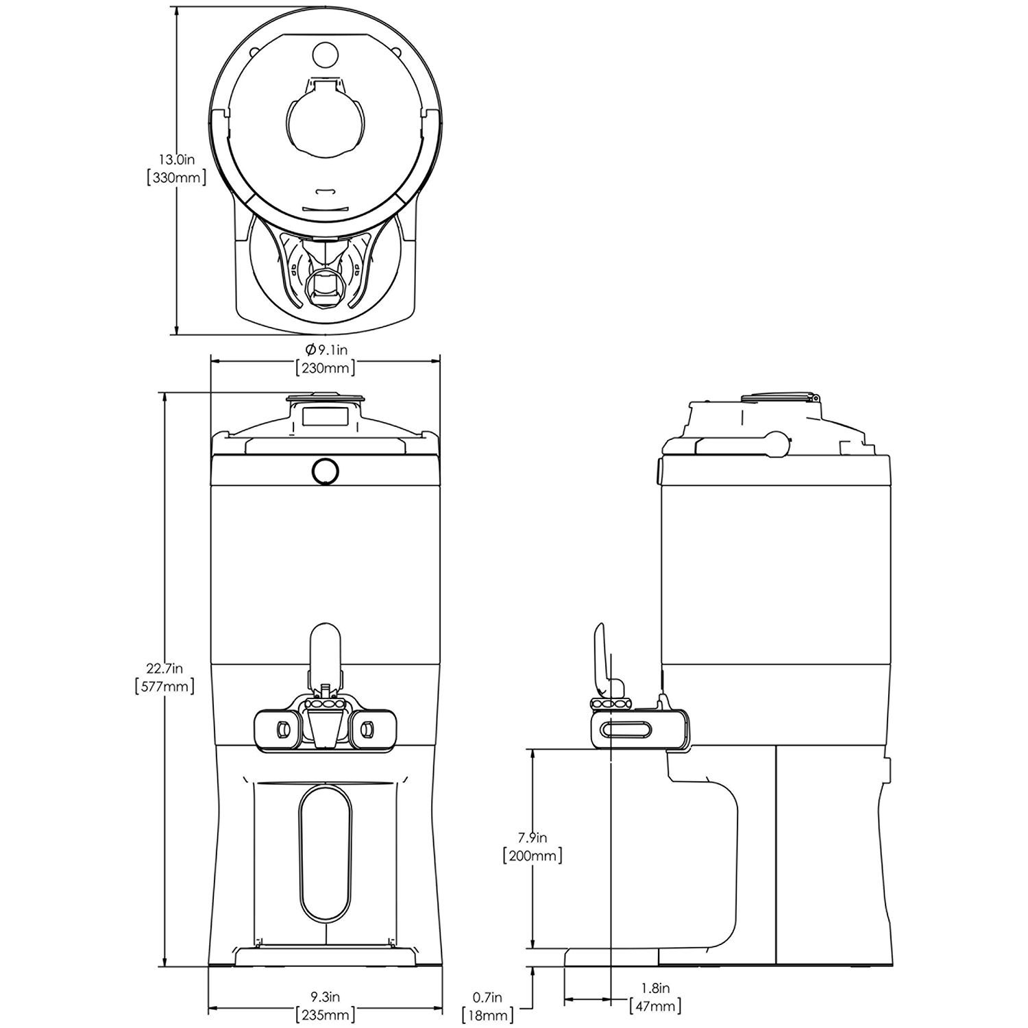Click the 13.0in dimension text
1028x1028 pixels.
point(177,160)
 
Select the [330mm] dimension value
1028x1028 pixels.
point(177,178)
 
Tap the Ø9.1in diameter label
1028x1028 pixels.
point(324,350)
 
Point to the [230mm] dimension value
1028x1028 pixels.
point(325,368)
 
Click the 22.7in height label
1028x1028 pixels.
point(164,668)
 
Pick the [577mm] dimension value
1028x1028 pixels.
point(164,686)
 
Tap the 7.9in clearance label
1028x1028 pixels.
point(532,837)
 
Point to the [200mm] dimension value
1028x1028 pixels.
point(532,856)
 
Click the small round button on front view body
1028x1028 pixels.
point(325,471)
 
